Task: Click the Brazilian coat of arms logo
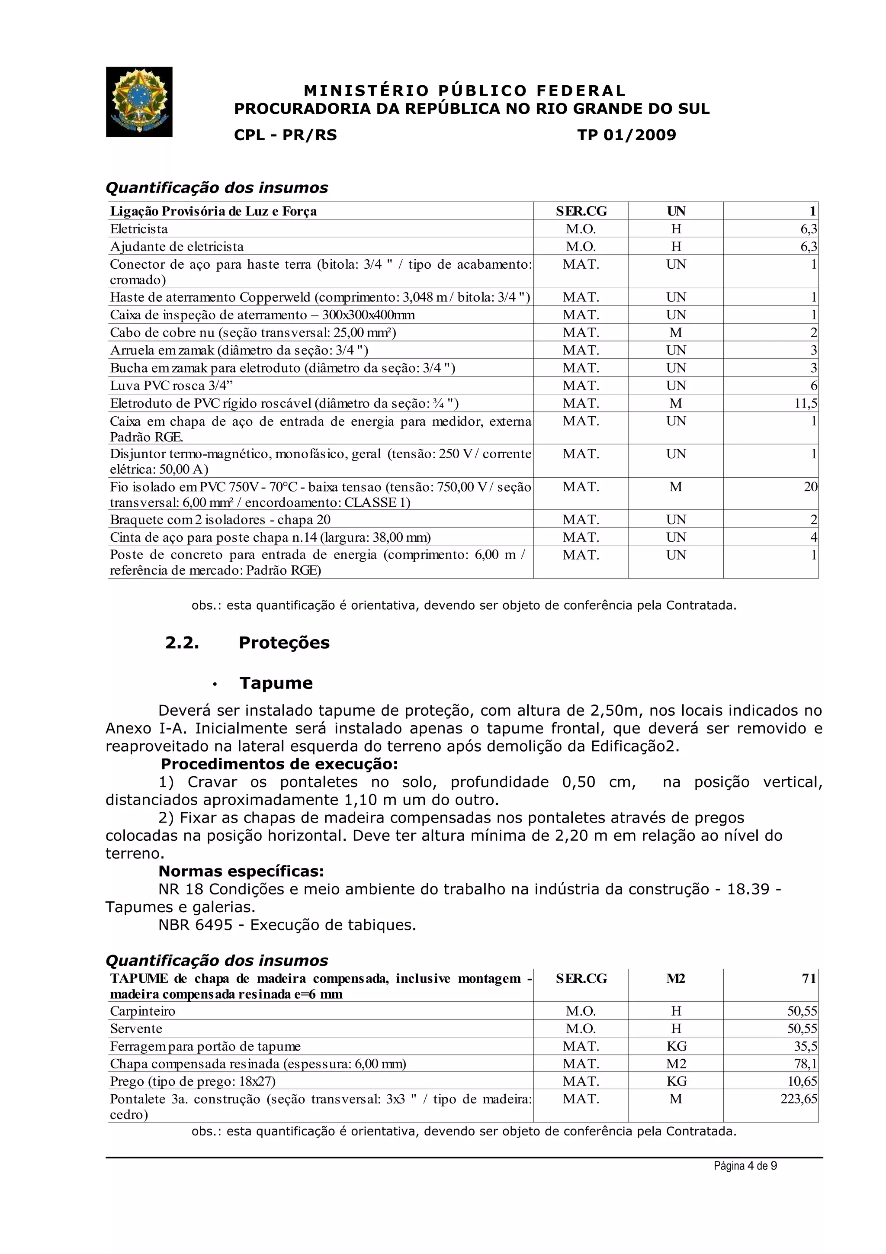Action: pos(139,102)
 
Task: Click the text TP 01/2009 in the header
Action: pos(627,135)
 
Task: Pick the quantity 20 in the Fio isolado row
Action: pos(810,487)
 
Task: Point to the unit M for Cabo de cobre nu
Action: pos(676,333)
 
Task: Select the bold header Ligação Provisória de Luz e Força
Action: pos(213,211)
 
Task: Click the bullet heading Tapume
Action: pos(276,683)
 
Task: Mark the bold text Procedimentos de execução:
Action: pos(279,764)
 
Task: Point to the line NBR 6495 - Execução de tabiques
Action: pos(287,925)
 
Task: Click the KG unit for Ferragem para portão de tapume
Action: pos(676,1046)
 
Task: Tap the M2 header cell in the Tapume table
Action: pos(676,978)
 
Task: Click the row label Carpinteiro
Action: pos(143,1011)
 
